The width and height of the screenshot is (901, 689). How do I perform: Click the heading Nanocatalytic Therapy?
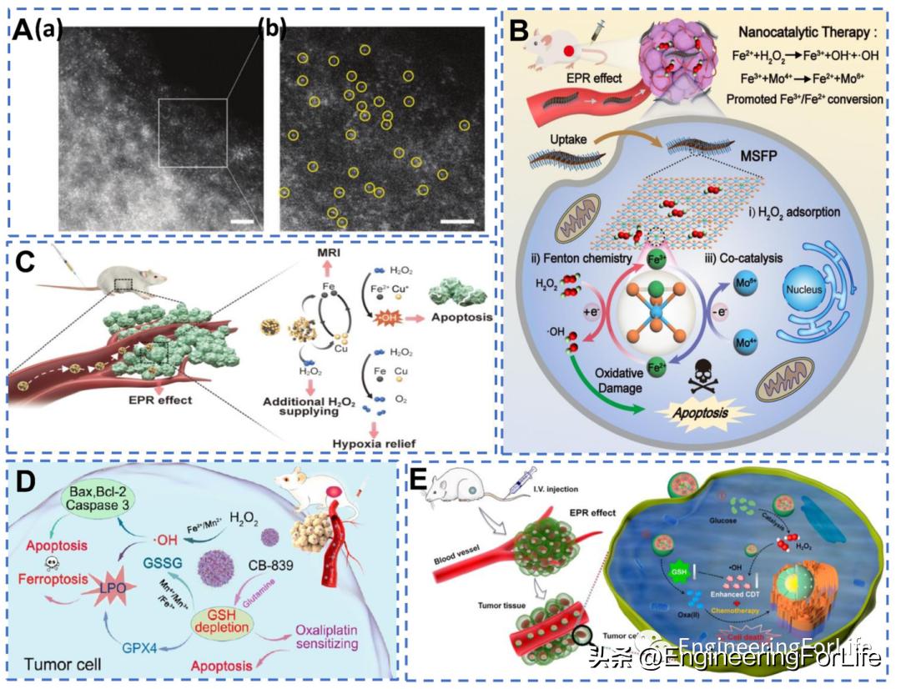coord(793,35)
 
